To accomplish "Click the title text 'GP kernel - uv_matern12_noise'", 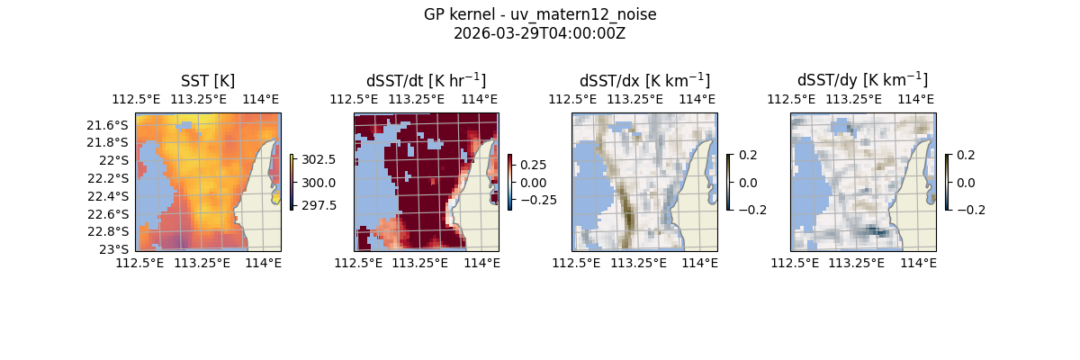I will click(540, 14).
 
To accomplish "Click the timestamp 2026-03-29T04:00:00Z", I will click(540, 33).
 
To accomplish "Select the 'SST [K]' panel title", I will click(208, 80).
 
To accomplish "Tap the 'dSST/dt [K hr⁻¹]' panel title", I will click(426, 80).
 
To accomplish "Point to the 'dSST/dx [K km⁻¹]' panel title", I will click(644, 80).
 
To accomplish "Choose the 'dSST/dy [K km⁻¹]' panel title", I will click(862, 80).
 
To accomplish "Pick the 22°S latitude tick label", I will click(117, 160).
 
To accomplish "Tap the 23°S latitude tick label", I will click(117, 248).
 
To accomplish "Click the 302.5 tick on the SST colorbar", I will click(318, 159).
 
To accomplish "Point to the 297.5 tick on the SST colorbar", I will click(318, 205).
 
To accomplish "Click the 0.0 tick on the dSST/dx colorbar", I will click(748, 183).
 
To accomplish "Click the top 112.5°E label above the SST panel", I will click(132, 99).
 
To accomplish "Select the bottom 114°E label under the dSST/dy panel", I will click(918, 263).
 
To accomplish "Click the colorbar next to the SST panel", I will click(292, 182).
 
